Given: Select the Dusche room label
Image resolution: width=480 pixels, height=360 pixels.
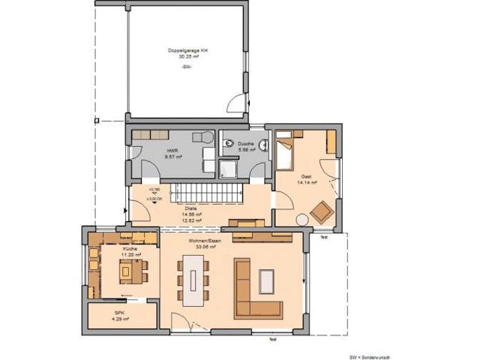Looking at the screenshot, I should [247, 144].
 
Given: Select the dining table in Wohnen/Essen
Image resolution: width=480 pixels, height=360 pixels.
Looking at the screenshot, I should [195, 281].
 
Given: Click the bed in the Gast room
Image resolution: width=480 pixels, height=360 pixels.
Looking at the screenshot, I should [286, 153].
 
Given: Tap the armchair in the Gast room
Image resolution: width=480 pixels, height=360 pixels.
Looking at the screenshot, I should [322, 212].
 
